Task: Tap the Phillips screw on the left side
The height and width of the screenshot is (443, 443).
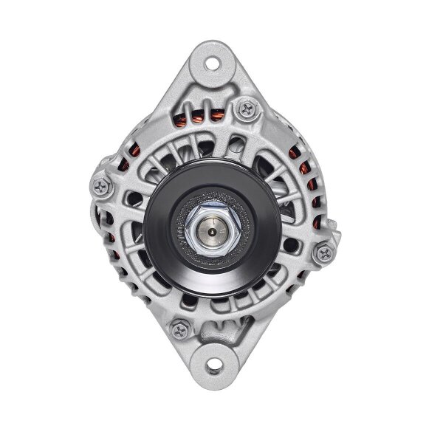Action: coord(100,183)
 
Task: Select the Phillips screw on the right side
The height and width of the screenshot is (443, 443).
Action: coord(322,254)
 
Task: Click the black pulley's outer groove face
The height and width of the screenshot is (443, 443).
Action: coord(164,251)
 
